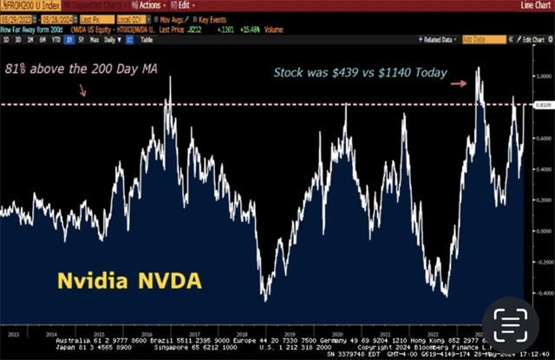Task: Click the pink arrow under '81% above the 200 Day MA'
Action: (82, 89)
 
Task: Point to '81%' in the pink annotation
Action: (16, 69)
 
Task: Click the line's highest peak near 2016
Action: (170, 79)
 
